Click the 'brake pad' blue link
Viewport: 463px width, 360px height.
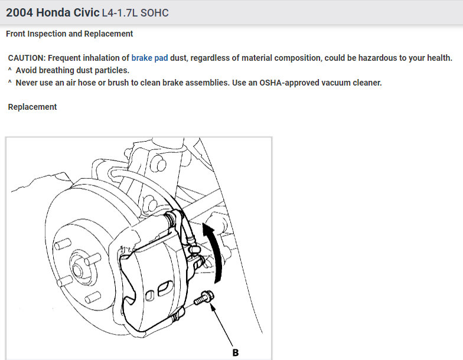(149, 58)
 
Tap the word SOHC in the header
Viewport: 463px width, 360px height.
(155, 13)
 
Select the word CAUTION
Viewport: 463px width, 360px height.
(27, 58)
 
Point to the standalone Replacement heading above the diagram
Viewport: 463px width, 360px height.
(32, 107)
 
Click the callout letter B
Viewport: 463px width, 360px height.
(235, 353)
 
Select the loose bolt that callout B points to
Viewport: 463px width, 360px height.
(204, 297)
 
